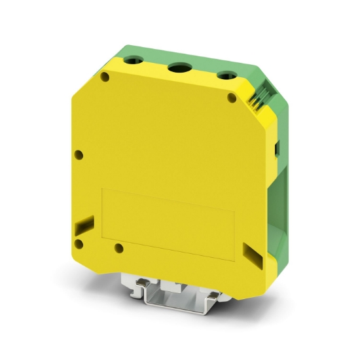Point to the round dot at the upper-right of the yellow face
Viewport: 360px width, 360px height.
231,98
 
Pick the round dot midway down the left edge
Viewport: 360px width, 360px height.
79,154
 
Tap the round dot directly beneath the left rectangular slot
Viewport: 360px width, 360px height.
79,244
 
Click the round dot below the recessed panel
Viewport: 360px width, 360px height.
118,248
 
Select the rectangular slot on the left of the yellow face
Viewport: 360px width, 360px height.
81,225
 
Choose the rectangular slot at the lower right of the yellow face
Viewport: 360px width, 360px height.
249,252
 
